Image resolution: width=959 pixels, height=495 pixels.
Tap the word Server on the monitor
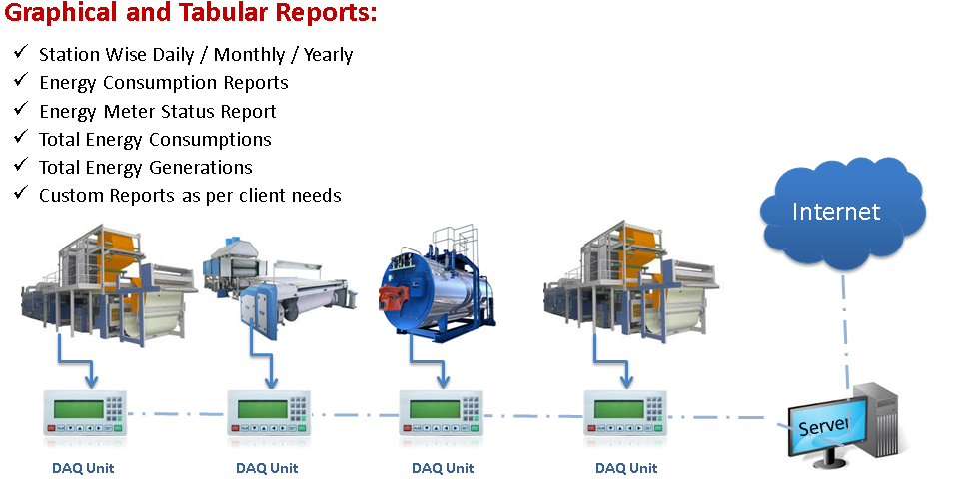pyautogui.click(x=823, y=426)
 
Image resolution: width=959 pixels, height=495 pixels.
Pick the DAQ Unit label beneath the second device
pyautogui.click(x=268, y=466)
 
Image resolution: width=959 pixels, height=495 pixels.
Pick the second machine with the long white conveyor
pyautogui.click(x=280, y=289)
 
